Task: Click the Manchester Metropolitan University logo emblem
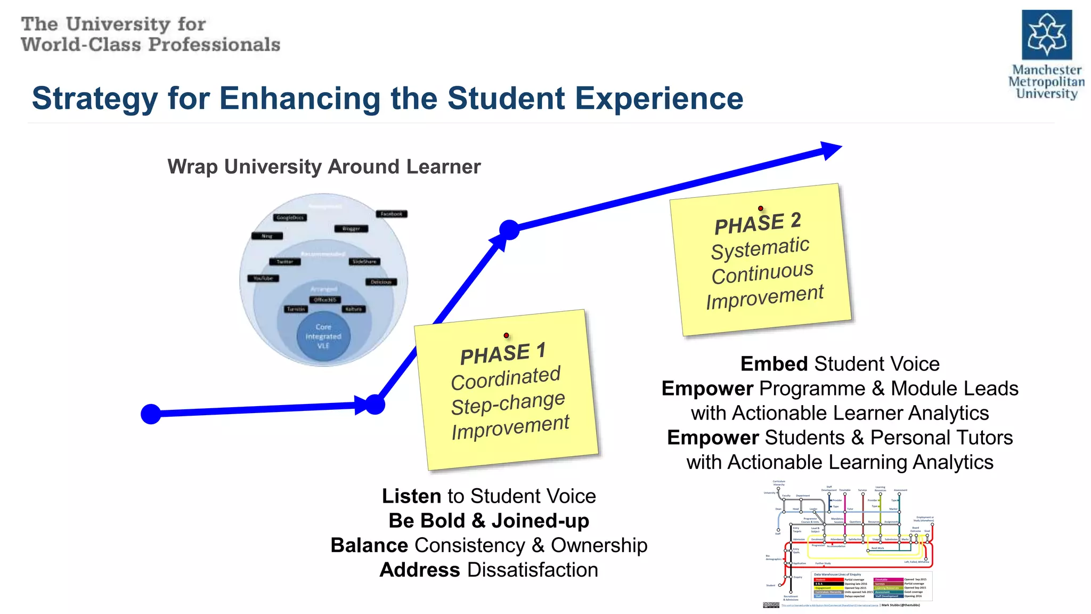coord(1046,35)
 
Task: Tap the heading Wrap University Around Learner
coord(324,167)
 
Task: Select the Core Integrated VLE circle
coord(323,336)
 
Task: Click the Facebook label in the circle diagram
coord(392,214)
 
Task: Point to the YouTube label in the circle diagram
coord(263,278)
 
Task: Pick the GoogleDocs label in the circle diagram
coord(290,217)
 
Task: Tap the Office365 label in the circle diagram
coord(325,300)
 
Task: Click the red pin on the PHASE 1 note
coord(506,336)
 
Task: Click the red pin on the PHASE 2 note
coord(760,208)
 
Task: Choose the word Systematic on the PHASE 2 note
coord(760,248)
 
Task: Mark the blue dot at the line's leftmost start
coord(151,414)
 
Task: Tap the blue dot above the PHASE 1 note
coord(509,230)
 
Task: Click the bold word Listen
coord(411,496)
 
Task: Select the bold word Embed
coord(774,364)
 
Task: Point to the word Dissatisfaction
coord(533,570)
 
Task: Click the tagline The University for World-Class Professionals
coord(150,35)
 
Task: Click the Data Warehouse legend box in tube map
coord(872,586)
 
